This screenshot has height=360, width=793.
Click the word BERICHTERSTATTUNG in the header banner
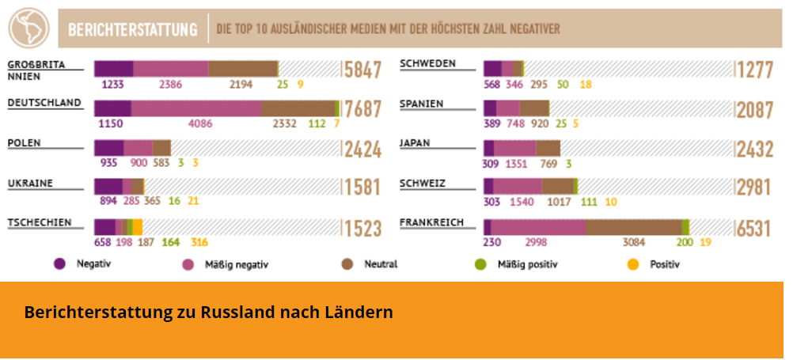133,30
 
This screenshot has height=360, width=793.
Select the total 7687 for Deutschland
362,109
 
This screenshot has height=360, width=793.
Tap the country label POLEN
25,143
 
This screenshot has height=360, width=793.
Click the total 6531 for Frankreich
753,228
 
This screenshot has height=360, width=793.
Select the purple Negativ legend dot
59,263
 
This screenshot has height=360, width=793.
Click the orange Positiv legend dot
632,263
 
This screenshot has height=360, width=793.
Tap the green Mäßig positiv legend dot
480,263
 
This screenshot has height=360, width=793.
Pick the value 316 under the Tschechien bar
199,242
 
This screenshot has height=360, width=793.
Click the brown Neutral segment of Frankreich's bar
633,227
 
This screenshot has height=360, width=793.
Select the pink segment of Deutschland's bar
195,108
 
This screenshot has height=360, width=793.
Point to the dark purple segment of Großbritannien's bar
113,69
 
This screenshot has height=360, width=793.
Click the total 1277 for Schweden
753,70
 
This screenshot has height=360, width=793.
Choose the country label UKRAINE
30,183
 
